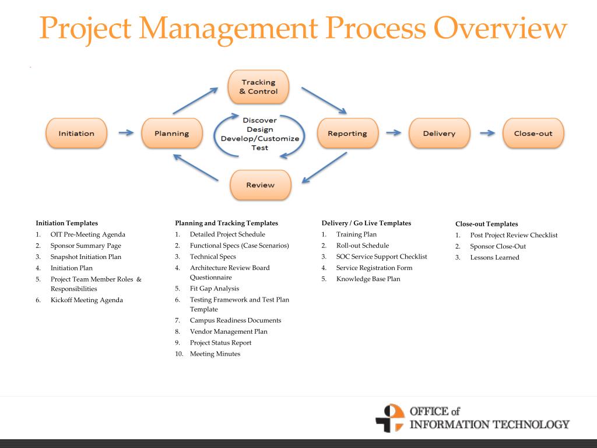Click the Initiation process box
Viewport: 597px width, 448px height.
pyautogui.click(x=76, y=133)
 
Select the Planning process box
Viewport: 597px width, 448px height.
pyautogui.click(x=172, y=133)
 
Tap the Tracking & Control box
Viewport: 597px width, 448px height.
pyautogui.click(x=258, y=86)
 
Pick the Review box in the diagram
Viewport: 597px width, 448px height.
pyautogui.click(x=261, y=185)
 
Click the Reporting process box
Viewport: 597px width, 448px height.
pyautogui.click(x=347, y=133)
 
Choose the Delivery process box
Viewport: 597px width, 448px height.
pyautogui.click(x=440, y=133)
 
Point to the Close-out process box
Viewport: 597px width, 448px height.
pyautogui.click(x=533, y=133)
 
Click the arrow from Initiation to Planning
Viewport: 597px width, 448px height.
pyautogui.click(x=126, y=132)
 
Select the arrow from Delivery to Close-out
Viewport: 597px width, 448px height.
pyautogui.click(x=487, y=133)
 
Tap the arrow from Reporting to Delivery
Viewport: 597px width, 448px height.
pyautogui.click(x=394, y=132)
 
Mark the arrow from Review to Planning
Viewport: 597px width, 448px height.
pyautogui.click(x=196, y=167)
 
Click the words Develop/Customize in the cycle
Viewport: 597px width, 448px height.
pyautogui.click(x=260, y=139)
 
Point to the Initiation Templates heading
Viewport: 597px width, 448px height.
pyautogui.click(x=66, y=223)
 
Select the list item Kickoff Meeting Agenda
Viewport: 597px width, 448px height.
pyautogui.click(x=87, y=300)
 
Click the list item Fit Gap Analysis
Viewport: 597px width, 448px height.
pyautogui.click(x=215, y=289)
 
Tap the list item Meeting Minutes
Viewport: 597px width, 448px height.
pyautogui.click(x=215, y=354)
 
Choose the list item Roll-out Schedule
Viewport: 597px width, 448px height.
pyautogui.click(x=363, y=246)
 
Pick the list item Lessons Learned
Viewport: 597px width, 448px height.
pyautogui.click(x=494, y=257)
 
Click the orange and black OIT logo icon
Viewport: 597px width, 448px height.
pyautogui.click(x=390, y=418)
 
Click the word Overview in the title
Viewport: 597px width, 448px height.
pyautogui.click(x=500, y=28)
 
